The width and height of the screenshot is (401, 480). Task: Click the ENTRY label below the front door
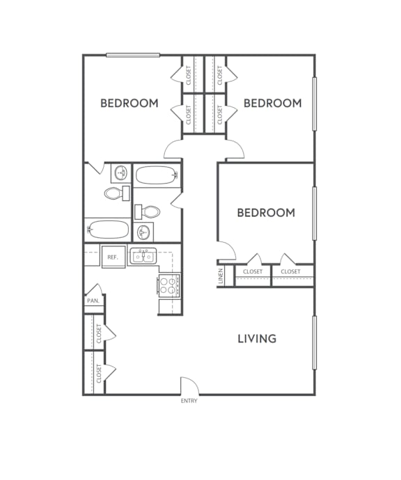click(189, 401)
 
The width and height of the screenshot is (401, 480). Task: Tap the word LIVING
click(257, 339)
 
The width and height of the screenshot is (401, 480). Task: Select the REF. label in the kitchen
click(113, 257)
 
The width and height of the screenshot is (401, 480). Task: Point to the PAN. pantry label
click(93, 301)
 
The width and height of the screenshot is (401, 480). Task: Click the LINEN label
click(221, 276)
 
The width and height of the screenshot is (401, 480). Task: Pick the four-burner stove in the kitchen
click(168, 285)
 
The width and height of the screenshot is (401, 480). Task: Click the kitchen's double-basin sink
click(144, 257)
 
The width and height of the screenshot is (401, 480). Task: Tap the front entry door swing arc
click(189, 385)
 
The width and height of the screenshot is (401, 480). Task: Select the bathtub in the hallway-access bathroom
click(157, 175)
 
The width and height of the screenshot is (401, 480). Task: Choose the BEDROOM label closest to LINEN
click(266, 212)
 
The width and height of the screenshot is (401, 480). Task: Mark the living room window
click(314, 342)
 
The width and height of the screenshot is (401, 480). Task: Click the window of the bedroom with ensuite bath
click(133, 55)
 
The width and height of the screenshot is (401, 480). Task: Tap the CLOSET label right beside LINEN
click(253, 271)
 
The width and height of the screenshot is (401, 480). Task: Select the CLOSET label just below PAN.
click(100, 333)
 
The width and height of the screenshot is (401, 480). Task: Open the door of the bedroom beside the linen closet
click(228, 249)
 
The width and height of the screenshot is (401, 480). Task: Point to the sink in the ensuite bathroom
click(120, 172)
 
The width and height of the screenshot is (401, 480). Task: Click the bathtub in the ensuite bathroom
click(109, 229)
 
